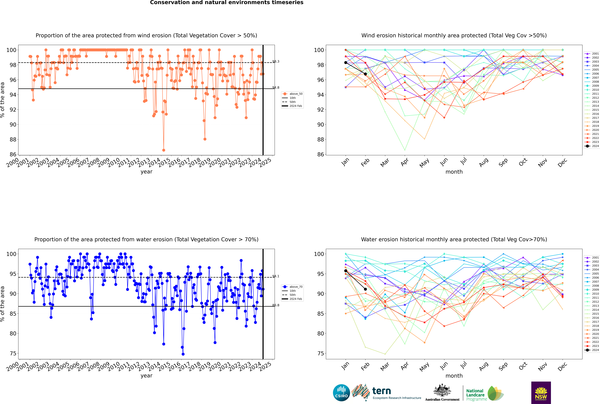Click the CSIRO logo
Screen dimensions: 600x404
[x=341, y=393]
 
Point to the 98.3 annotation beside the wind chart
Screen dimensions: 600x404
[x=276, y=62]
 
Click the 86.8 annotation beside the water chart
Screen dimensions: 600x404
[x=276, y=305]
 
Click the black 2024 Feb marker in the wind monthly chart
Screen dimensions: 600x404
[x=365, y=74]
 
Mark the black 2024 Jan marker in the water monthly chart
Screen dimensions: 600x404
[x=346, y=271]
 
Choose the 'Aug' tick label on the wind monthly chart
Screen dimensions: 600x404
[x=483, y=162]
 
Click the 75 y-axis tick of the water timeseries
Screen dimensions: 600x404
[x=13, y=353]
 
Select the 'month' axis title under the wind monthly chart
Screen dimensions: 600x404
[x=454, y=172]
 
